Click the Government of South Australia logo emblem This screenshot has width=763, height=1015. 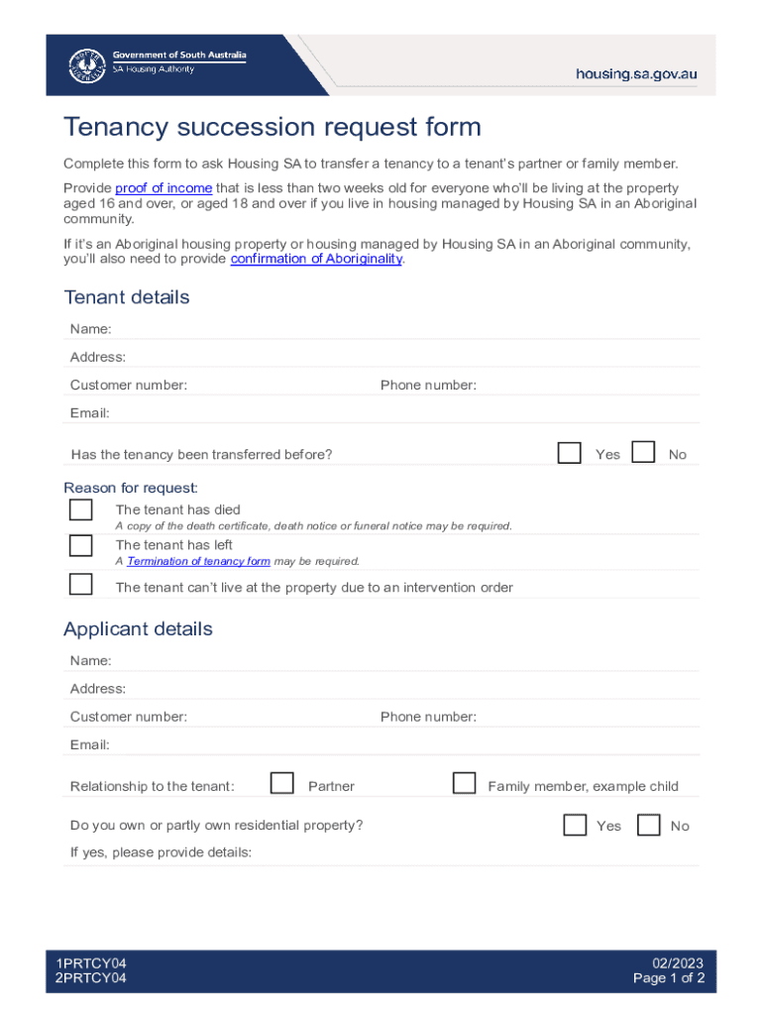tap(87, 65)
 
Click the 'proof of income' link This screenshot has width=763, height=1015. tap(163, 188)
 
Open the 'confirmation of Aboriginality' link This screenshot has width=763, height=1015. tap(316, 259)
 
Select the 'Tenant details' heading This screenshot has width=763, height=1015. tap(126, 297)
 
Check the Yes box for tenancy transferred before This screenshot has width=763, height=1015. tap(569, 453)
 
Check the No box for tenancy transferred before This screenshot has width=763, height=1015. tap(643, 453)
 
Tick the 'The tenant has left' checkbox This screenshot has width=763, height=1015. tap(80, 546)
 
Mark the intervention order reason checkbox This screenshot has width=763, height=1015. tap(80, 584)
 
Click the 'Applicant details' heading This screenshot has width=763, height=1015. tap(138, 629)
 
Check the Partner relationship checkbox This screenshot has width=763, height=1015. tap(282, 784)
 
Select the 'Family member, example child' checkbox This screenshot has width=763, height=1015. tap(464, 784)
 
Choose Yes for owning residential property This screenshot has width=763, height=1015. tap(575, 825)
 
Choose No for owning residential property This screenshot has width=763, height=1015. tap(649, 825)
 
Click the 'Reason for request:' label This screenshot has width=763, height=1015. tap(131, 488)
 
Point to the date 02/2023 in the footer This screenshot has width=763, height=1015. tap(678, 963)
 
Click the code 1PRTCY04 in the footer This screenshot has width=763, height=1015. tap(91, 963)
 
